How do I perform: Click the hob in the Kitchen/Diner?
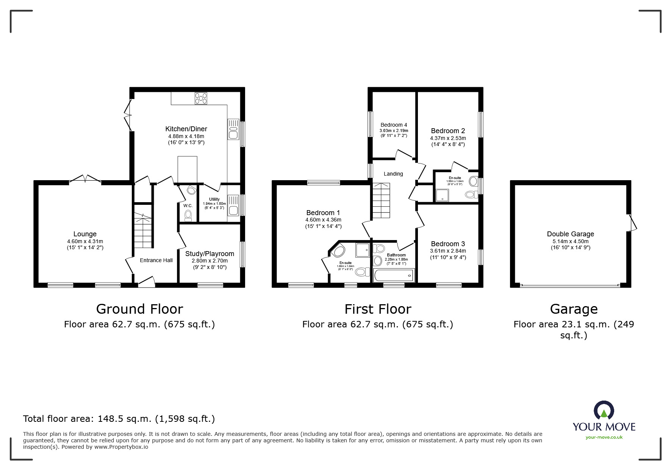point(201,98)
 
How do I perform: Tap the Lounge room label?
point(85,234)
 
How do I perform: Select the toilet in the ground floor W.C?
point(188,215)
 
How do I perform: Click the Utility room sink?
point(233,205)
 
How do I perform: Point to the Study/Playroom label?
point(210,254)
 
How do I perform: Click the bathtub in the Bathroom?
point(394,275)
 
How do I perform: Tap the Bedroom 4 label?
point(394,125)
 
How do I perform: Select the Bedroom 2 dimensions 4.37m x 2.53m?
point(448,138)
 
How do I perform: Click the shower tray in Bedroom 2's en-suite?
point(442,195)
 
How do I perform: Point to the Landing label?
point(393,174)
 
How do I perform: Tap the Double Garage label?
point(570,234)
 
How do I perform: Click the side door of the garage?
point(633,223)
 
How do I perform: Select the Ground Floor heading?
point(139,309)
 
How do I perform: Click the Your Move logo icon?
point(604,411)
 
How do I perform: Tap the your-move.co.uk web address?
point(604,437)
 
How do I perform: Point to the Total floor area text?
point(119,419)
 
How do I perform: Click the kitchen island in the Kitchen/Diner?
point(188,169)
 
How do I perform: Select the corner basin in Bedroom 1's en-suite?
point(339,252)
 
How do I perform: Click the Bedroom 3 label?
point(448,244)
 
